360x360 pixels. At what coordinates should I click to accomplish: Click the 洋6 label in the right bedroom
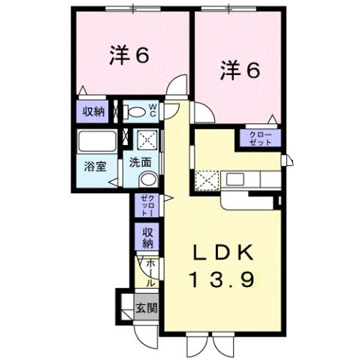pyautogui.click(x=240, y=71)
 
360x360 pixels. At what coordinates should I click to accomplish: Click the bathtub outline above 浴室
pyautogui.click(x=95, y=142)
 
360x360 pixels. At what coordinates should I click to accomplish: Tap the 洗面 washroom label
pyautogui.click(x=141, y=162)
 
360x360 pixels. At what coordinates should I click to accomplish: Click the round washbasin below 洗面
pyautogui.click(x=148, y=179)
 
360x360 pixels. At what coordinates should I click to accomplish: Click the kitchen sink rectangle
pyautogui.click(x=234, y=180)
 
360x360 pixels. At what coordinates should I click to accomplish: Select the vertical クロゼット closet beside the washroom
pyautogui.click(x=146, y=204)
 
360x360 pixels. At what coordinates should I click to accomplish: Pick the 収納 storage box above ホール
pyautogui.click(x=147, y=237)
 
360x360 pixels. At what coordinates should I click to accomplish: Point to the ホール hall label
pyautogui.click(x=150, y=273)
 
